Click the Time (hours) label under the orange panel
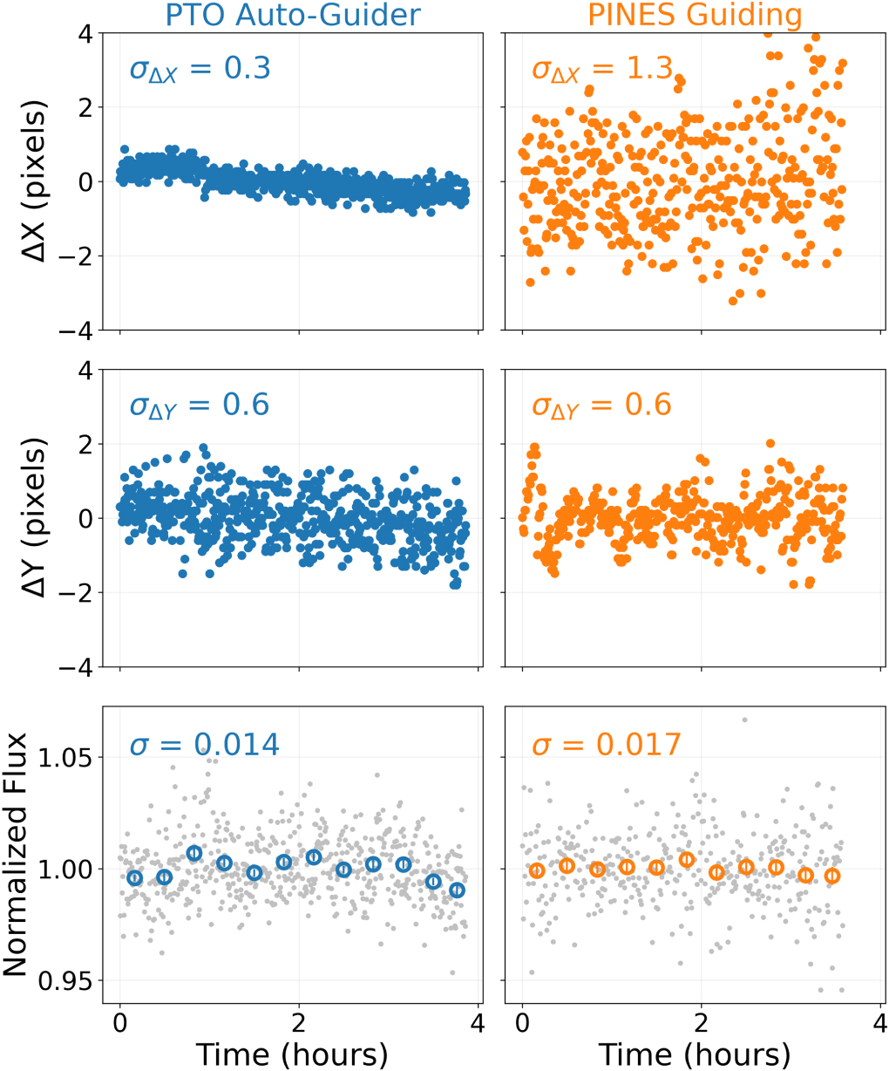point(694,1054)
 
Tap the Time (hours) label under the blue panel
point(293,1054)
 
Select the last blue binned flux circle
point(457,890)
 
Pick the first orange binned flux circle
point(537,870)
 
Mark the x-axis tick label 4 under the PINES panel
point(879,1021)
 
